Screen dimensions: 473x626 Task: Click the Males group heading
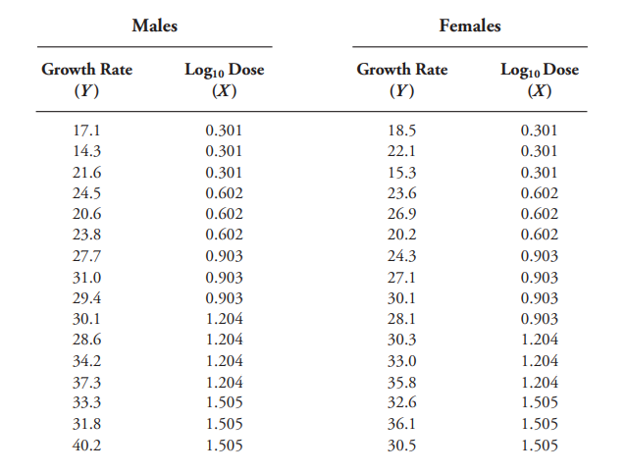click(x=154, y=26)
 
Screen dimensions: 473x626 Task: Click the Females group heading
click(x=469, y=26)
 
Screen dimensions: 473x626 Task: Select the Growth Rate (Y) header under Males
click(x=86, y=80)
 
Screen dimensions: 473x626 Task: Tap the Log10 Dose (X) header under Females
click(x=539, y=80)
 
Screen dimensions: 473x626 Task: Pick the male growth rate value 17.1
click(x=86, y=130)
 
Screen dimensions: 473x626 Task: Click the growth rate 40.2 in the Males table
click(x=86, y=446)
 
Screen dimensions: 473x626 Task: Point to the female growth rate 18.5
click(x=401, y=130)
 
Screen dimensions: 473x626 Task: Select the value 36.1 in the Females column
click(x=401, y=424)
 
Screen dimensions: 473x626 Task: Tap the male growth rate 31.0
click(x=86, y=278)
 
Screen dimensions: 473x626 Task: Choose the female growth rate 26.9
click(x=401, y=214)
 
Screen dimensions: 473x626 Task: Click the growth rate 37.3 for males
click(x=86, y=382)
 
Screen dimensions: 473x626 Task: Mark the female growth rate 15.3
click(x=401, y=172)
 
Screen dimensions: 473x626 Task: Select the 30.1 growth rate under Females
click(x=401, y=298)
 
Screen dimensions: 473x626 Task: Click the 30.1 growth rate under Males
click(x=86, y=319)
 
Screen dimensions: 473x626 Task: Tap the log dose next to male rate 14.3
click(x=224, y=150)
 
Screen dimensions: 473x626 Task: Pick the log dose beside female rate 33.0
click(x=539, y=361)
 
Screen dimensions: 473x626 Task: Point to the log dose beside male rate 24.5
click(x=224, y=193)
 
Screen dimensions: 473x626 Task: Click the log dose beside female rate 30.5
click(x=539, y=446)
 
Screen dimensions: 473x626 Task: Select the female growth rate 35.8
click(x=401, y=382)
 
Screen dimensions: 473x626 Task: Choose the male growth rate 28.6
click(x=86, y=340)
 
